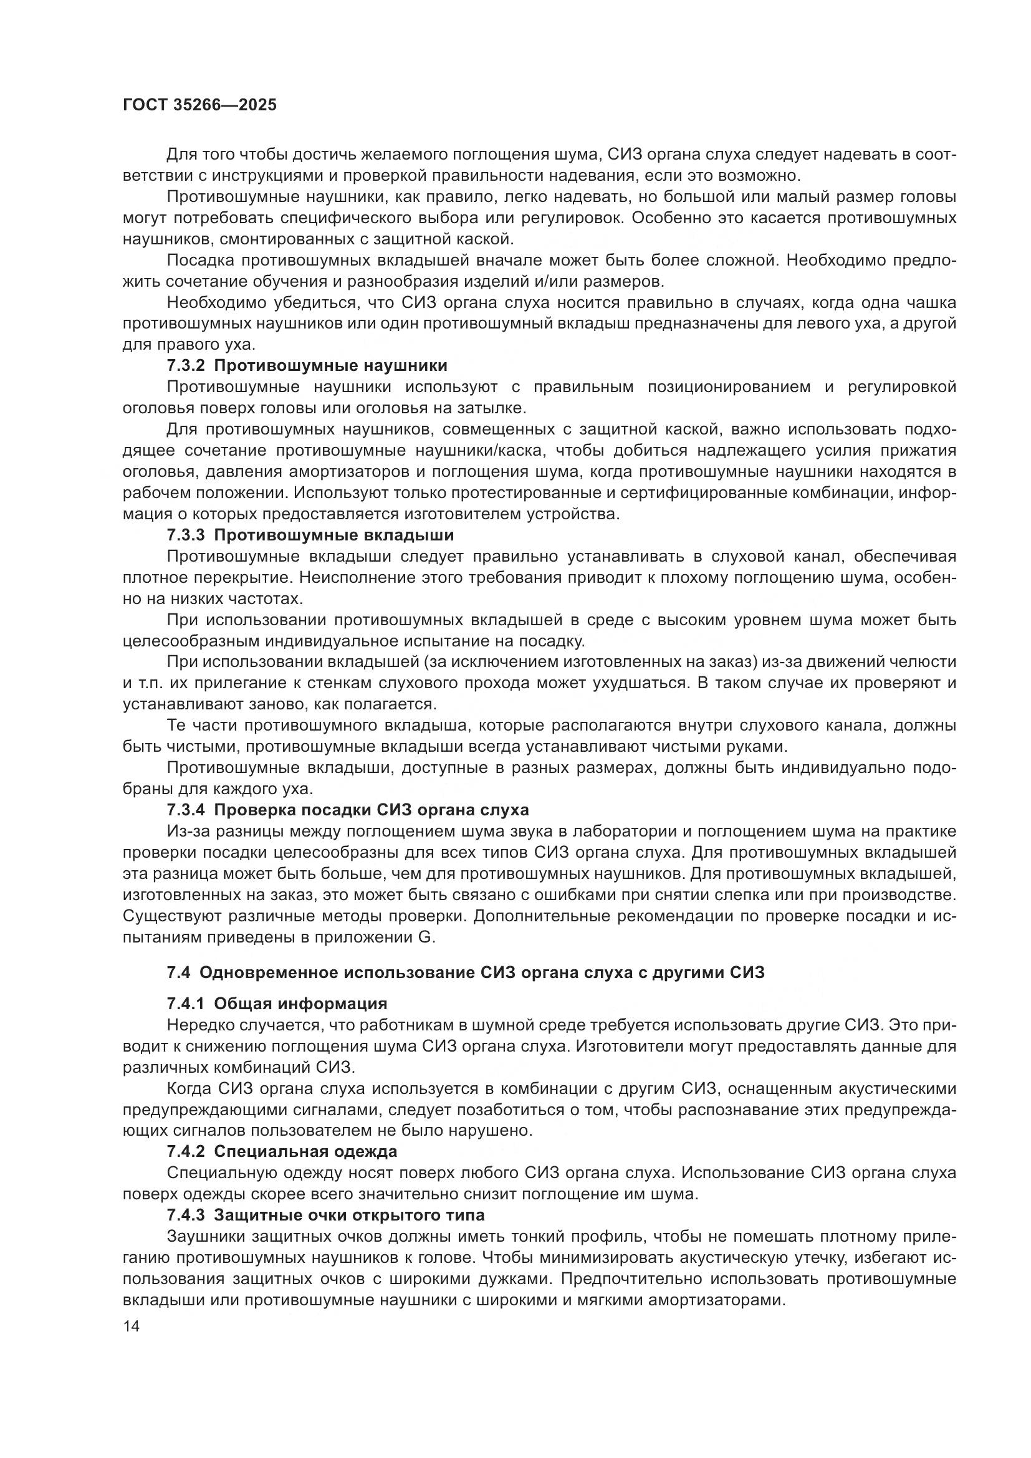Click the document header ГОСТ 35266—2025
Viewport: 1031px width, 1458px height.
tap(200, 105)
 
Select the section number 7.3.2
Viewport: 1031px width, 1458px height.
tap(185, 366)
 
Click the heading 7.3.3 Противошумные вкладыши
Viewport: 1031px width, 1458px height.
tap(310, 535)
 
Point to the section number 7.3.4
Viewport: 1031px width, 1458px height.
tap(185, 810)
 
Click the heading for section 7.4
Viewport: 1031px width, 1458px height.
tap(466, 973)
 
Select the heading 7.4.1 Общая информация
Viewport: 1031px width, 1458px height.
tap(277, 1004)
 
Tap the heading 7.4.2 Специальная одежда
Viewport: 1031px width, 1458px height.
tap(281, 1151)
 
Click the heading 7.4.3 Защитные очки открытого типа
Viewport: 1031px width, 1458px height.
tap(325, 1215)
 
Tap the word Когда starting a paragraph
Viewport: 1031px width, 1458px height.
tap(189, 1088)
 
